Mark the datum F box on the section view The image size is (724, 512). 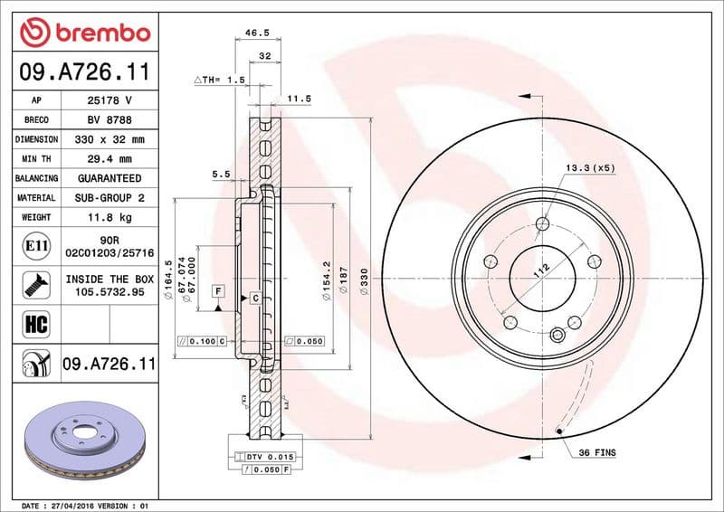(x=217, y=290)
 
